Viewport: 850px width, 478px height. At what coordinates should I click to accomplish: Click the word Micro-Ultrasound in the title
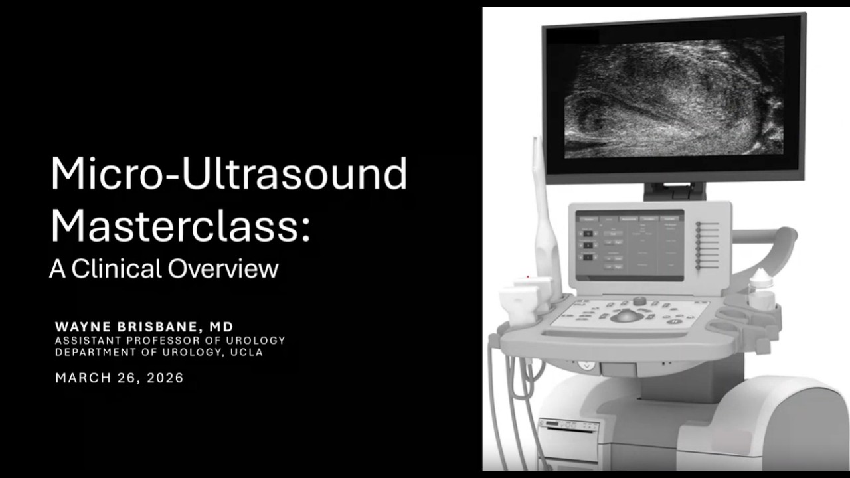228,174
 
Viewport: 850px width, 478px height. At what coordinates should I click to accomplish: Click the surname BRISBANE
157,327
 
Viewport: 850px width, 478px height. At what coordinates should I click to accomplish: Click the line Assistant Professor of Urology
170,340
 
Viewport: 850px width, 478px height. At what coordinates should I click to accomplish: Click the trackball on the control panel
627,316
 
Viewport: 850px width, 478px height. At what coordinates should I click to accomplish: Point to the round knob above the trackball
639,301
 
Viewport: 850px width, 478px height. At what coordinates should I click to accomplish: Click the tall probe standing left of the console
543,212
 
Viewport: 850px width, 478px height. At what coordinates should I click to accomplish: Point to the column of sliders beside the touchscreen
707,246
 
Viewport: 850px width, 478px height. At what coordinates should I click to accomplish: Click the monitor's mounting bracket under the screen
674,191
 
